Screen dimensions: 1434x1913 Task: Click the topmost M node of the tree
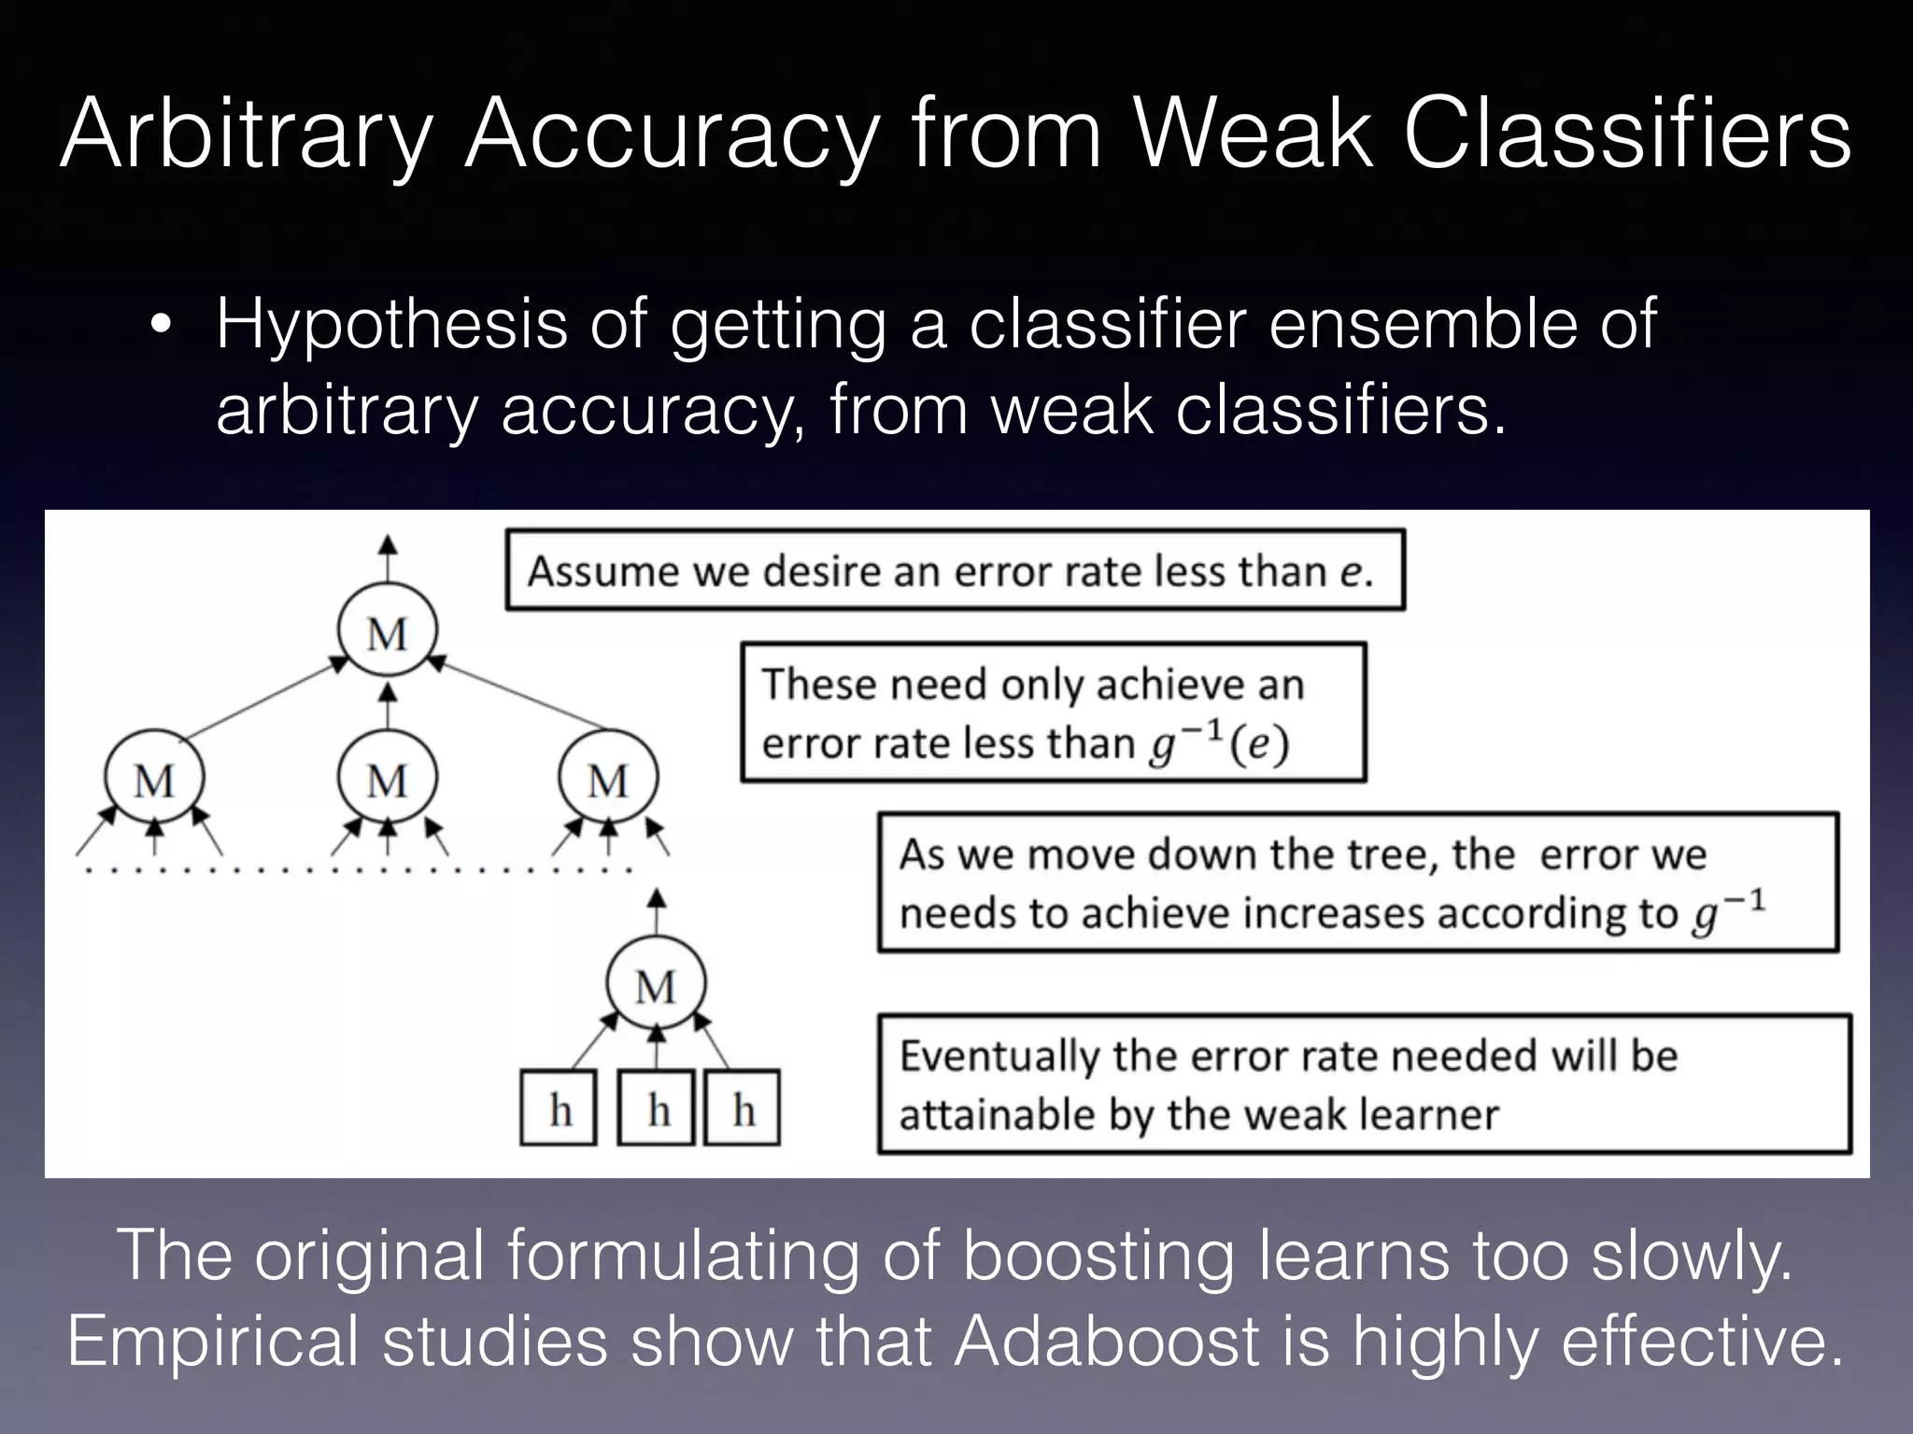pyautogui.click(x=388, y=633)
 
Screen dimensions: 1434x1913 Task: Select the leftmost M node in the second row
pyautogui.click(x=154, y=780)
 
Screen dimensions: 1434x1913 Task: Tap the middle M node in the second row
pyautogui.click(x=388, y=780)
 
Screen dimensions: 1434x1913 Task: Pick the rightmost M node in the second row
pyautogui.click(x=608, y=780)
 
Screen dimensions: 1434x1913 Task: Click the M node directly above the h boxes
pyautogui.click(x=656, y=985)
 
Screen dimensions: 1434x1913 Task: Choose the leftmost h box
pyautogui.click(x=560, y=1109)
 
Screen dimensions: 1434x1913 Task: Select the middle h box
pyautogui.click(x=658, y=1109)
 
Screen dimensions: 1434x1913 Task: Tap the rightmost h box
pyautogui.click(x=743, y=1109)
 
